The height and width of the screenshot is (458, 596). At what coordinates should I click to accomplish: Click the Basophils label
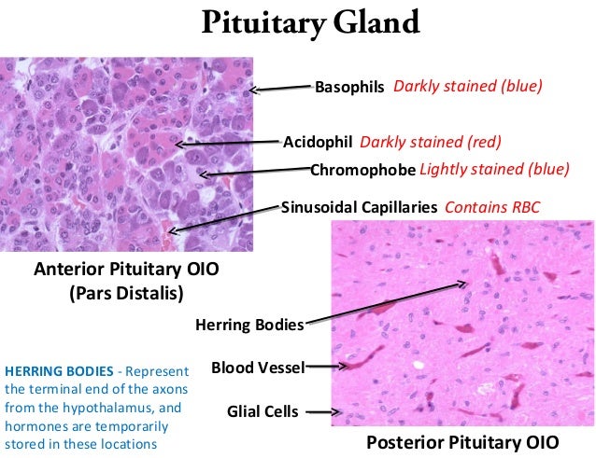coord(349,87)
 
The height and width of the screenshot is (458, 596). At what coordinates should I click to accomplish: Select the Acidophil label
coord(317,143)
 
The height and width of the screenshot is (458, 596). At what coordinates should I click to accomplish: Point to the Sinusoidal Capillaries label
coord(359,207)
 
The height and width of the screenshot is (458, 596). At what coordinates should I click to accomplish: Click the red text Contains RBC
coord(491,207)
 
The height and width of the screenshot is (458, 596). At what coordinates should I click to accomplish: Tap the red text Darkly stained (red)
coord(430,143)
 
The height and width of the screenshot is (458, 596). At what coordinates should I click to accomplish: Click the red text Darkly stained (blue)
coord(468,87)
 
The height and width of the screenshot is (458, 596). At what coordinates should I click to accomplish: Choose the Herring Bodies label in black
coord(249,326)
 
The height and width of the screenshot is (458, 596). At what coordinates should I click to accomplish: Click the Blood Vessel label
coord(258,368)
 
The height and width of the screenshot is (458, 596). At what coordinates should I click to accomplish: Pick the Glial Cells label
coord(263,410)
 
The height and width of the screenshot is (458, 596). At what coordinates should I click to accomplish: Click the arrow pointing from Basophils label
coord(282,90)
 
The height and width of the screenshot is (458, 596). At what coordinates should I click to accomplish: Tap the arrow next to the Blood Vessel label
coord(323,368)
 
